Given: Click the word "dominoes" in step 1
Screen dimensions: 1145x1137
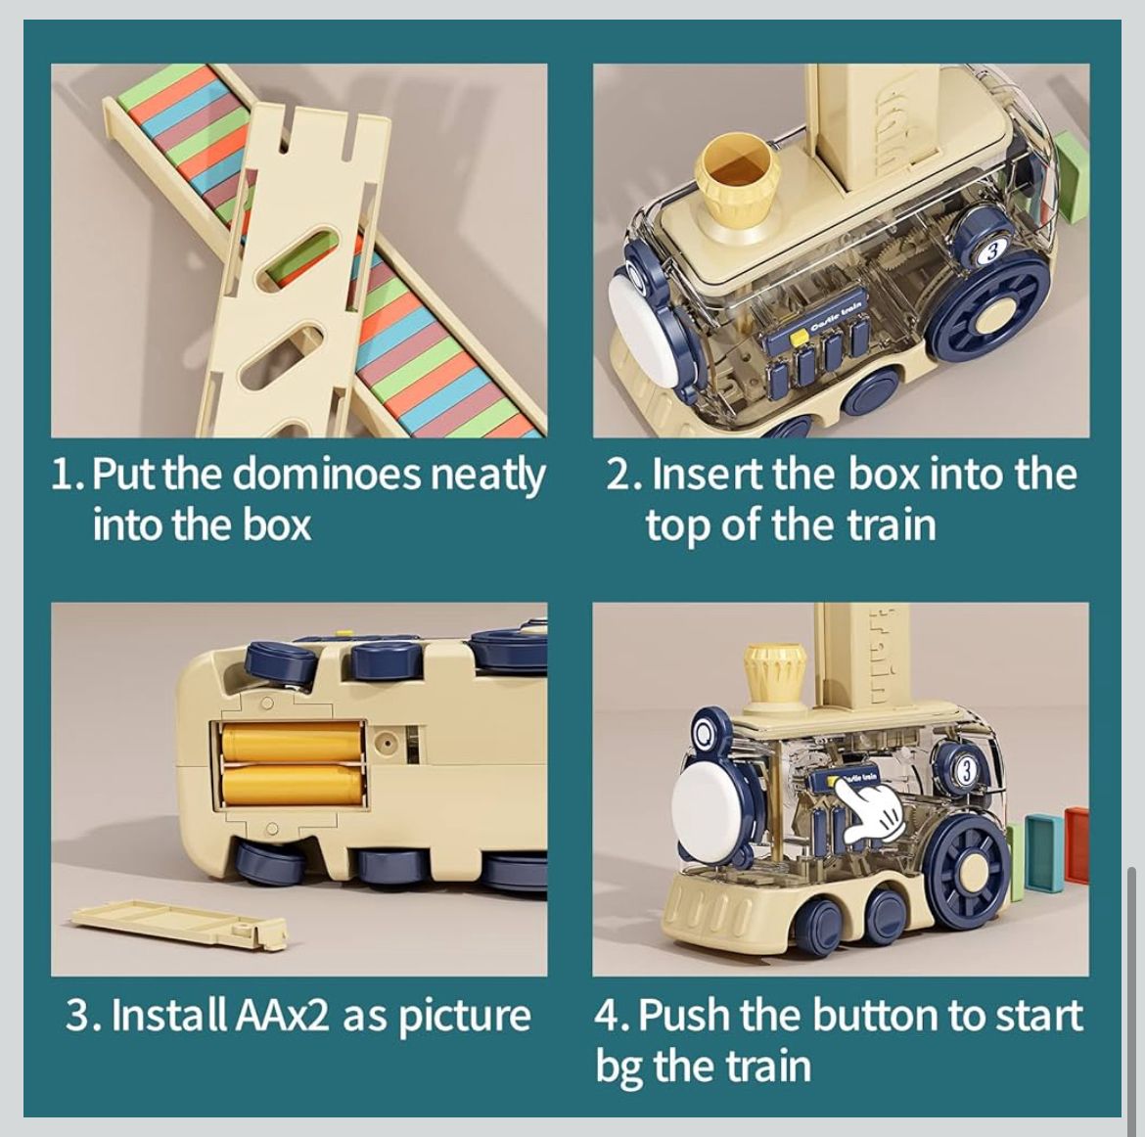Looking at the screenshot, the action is [330, 474].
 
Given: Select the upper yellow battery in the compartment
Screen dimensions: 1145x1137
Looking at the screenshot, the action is [292, 742].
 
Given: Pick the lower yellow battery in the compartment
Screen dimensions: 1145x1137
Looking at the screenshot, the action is [292, 785].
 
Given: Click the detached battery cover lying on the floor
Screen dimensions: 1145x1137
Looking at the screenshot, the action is [180, 925].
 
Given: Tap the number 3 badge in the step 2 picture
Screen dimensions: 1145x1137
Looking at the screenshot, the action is [991, 251].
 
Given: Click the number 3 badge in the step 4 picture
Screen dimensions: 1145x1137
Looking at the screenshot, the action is [966, 771].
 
